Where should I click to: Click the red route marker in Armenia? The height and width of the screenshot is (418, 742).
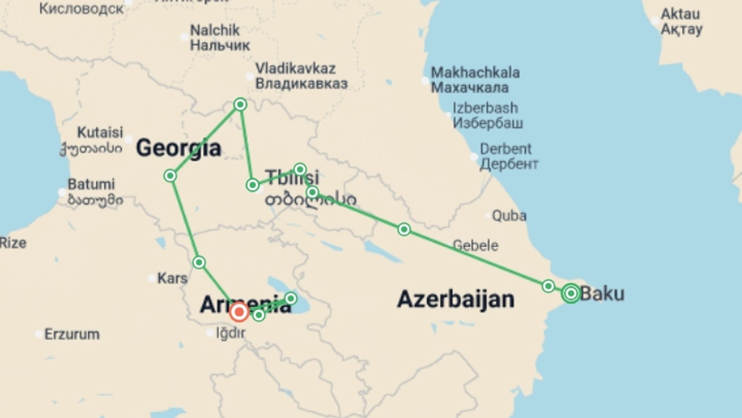pyautogui.click(x=239, y=312)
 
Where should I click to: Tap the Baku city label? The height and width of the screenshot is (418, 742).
pyautogui.click(x=602, y=293)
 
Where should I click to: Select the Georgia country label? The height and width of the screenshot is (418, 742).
pyautogui.click(x=179, y=148)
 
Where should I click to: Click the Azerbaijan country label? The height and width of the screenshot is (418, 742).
pyautogui.click(x=456, y=300)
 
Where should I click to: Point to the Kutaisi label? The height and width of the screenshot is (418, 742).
pyautogui.click(x=100, y=132)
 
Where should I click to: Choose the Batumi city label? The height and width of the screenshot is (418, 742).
pyautogui.click(x=91, y=184)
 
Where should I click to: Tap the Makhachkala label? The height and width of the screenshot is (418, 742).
pyautogui.click(x=475, y=73)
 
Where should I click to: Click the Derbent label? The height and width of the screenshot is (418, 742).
pyautogui.click(x=505, y=149)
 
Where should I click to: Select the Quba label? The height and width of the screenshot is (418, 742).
pyautogui.click(x=509, y=216)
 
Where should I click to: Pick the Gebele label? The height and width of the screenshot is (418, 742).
pyautogui.click(x=475, y=245)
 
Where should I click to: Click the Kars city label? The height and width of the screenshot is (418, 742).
pyautogui.click(x=172, y=278)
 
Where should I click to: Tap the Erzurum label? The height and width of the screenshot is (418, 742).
pyautogui.click(x=72, y=334)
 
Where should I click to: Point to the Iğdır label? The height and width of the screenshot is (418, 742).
pyautogui.click(x=230, y=333)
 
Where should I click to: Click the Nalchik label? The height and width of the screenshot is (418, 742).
pyautogui.click(x=215, y=30)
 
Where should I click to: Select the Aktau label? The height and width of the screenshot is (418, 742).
pyautogui.click(x=680, y=14)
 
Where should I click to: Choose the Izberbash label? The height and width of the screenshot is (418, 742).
pyautogui.click(x=485, y=108)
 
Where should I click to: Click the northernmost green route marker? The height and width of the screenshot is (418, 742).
pyautogui.click(x=240, y=104)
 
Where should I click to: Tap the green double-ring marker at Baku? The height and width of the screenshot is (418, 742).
pyautogui.click(x=571, y=293)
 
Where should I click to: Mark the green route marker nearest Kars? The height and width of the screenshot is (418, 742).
pyautogui.click(x=199, y=262)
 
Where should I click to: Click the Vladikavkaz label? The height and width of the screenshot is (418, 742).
pyautogui.click(x=296, y=69)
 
